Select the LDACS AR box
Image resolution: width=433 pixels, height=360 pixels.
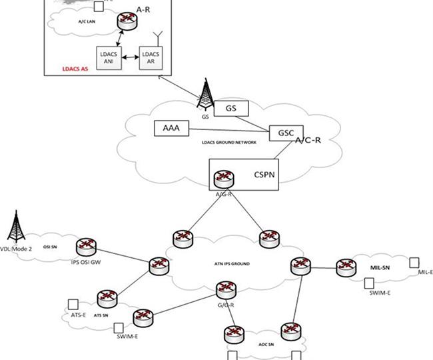[151, 59]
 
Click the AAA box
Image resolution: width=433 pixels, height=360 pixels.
[171, 127]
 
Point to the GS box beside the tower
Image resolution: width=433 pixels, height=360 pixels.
[231, 107]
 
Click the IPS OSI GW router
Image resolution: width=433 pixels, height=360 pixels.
[85, 247]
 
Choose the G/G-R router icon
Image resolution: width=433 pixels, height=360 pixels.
[226, 290]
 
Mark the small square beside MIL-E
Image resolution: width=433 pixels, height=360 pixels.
[414, 263]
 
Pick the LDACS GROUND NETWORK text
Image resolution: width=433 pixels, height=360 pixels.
[228, 142]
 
